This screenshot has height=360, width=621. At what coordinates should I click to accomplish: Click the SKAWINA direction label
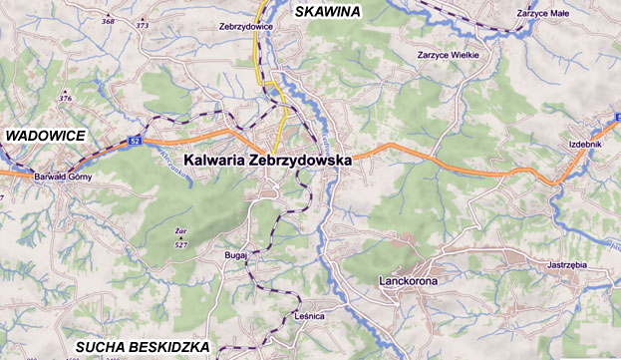(329, 10)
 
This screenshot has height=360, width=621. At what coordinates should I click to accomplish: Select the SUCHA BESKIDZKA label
(143, 347)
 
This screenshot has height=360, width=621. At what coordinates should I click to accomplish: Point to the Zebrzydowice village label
(245, 27)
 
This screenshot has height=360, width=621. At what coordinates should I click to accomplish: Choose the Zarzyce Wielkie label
(449, 55)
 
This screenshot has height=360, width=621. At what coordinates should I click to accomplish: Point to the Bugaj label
(236, 256)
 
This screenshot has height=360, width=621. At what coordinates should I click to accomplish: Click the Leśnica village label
(311, 315)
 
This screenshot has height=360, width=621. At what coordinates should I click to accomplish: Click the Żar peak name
(167, 232)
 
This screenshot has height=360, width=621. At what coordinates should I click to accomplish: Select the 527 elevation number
(180, 244)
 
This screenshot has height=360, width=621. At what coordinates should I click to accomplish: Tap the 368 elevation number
(108, 20)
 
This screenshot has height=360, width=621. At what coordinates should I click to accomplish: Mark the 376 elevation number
(66, 98)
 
